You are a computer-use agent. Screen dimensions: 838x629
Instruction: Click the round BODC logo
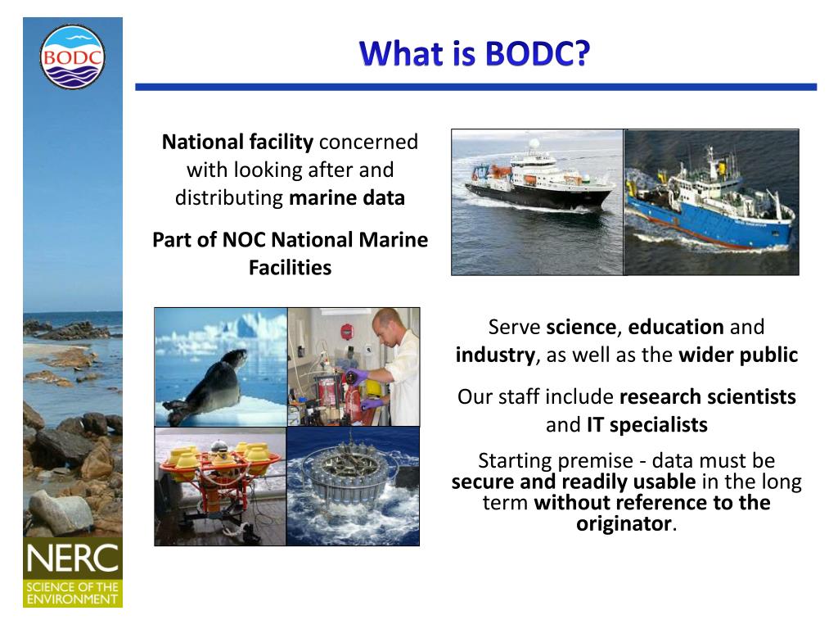72,57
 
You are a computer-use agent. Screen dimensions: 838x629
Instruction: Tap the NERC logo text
73,559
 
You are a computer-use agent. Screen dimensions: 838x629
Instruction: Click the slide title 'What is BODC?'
475,53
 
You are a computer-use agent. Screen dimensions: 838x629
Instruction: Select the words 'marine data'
347,198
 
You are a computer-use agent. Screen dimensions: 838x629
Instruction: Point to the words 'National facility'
237,143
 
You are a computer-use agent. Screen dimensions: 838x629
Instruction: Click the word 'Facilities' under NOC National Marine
291,268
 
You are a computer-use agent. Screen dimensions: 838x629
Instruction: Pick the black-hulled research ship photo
537,202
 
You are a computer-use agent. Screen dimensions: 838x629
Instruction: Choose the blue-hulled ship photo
711,202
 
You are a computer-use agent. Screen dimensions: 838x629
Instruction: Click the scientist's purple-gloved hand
358,376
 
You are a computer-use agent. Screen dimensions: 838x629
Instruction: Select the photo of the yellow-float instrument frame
220,486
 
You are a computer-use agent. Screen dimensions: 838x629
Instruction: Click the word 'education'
676,327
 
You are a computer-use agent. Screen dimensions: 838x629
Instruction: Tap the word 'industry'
495,355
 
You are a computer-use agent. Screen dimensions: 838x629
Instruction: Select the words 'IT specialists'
647,425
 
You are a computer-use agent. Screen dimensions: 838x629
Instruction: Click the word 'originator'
624,523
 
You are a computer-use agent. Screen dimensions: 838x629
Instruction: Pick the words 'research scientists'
708,397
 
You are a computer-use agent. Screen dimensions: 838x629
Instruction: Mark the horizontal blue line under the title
475,87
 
